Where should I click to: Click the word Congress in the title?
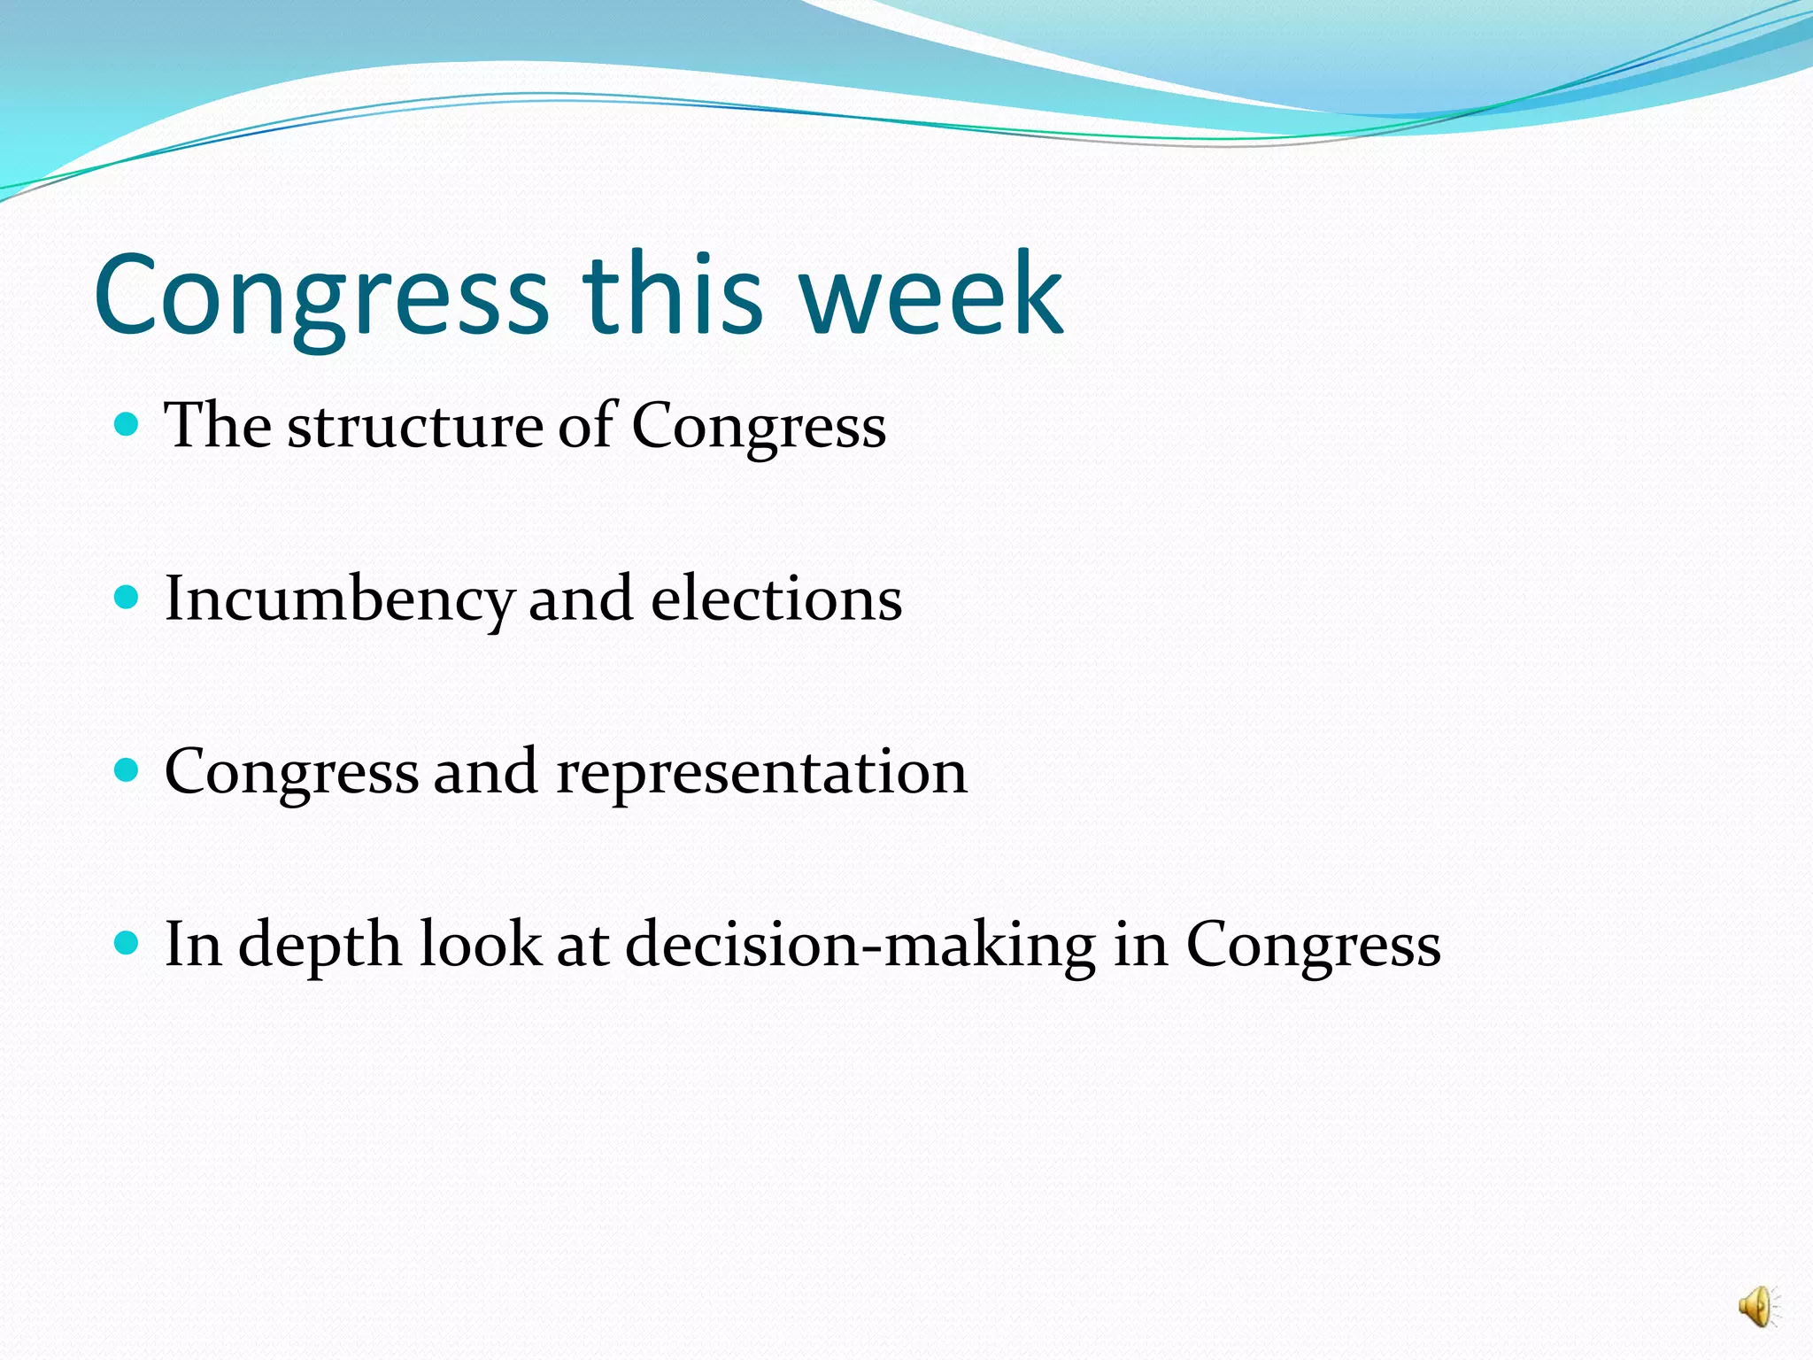tap(321, 297)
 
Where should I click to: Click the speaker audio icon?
tap(1757, 1307)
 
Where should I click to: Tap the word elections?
tap(776, 599)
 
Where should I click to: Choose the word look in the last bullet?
tap(479, 944)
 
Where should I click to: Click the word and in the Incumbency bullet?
tap(581, 599)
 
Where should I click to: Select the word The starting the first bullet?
tap(218, 426)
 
